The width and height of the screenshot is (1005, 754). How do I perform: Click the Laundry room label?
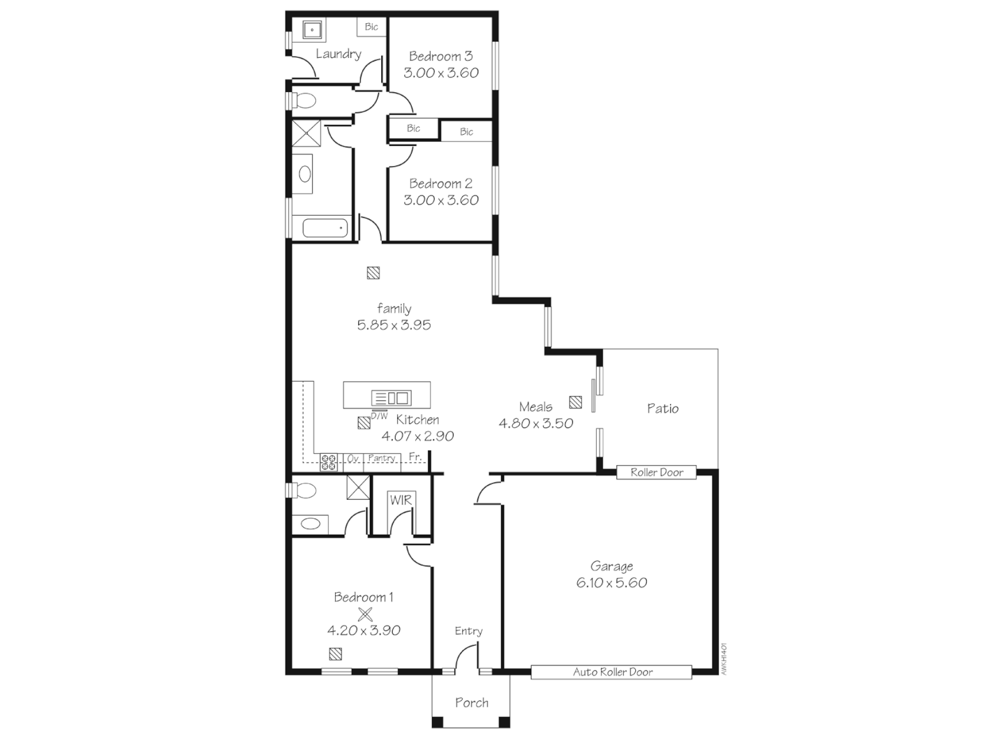(338, 54)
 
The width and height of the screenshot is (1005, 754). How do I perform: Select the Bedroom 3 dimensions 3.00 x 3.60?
(441, 73)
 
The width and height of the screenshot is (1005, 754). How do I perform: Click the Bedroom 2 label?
(440, 184)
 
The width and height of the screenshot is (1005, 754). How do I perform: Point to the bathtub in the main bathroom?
(325, 228)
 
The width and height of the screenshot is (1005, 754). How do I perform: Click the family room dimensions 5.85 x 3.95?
(394, 325)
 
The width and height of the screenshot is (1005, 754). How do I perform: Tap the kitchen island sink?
(392, 398)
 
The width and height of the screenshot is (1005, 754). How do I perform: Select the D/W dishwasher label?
(379, 416)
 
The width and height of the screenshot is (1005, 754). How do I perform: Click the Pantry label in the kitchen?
(382, 458)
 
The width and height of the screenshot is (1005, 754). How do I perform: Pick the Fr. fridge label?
(415, 457)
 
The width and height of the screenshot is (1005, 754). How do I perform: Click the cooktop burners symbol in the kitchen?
(329, 461)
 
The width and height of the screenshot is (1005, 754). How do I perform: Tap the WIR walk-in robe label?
(401, 500)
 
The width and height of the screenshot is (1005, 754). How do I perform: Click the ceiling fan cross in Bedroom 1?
(365, 614)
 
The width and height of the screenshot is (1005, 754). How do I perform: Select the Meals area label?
(535, 407)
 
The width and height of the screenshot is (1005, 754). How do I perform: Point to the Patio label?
(662, 408)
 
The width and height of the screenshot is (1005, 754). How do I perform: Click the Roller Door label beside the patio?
(657, 473)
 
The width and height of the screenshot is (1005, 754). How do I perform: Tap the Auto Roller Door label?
(613, 672)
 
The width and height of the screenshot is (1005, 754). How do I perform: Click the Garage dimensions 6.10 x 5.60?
(611, 583)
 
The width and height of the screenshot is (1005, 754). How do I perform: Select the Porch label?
(472, 703)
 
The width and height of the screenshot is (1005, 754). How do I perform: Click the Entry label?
(468, 631)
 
